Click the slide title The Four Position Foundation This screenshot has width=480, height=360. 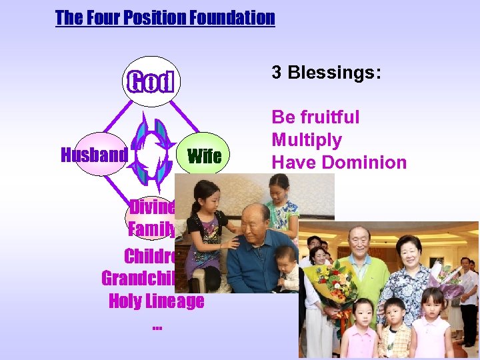tap(165, 17)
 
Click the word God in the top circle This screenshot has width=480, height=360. tap(151, 82)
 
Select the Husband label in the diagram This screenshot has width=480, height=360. tap(94, 155)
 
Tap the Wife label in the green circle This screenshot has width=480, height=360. tap(205, 157)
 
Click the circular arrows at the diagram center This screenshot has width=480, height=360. tap(154, 153)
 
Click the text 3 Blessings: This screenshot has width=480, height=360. tap(326, 73)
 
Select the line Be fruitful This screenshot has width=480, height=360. tap(315, 117)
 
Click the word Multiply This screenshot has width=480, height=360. tap(307, 140)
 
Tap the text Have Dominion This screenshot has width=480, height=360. tap(339, 162)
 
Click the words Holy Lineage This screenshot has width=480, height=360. tap(156, 301)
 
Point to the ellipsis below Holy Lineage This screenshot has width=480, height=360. tap(157, 326)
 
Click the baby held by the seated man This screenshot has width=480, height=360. tap(287, 267)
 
